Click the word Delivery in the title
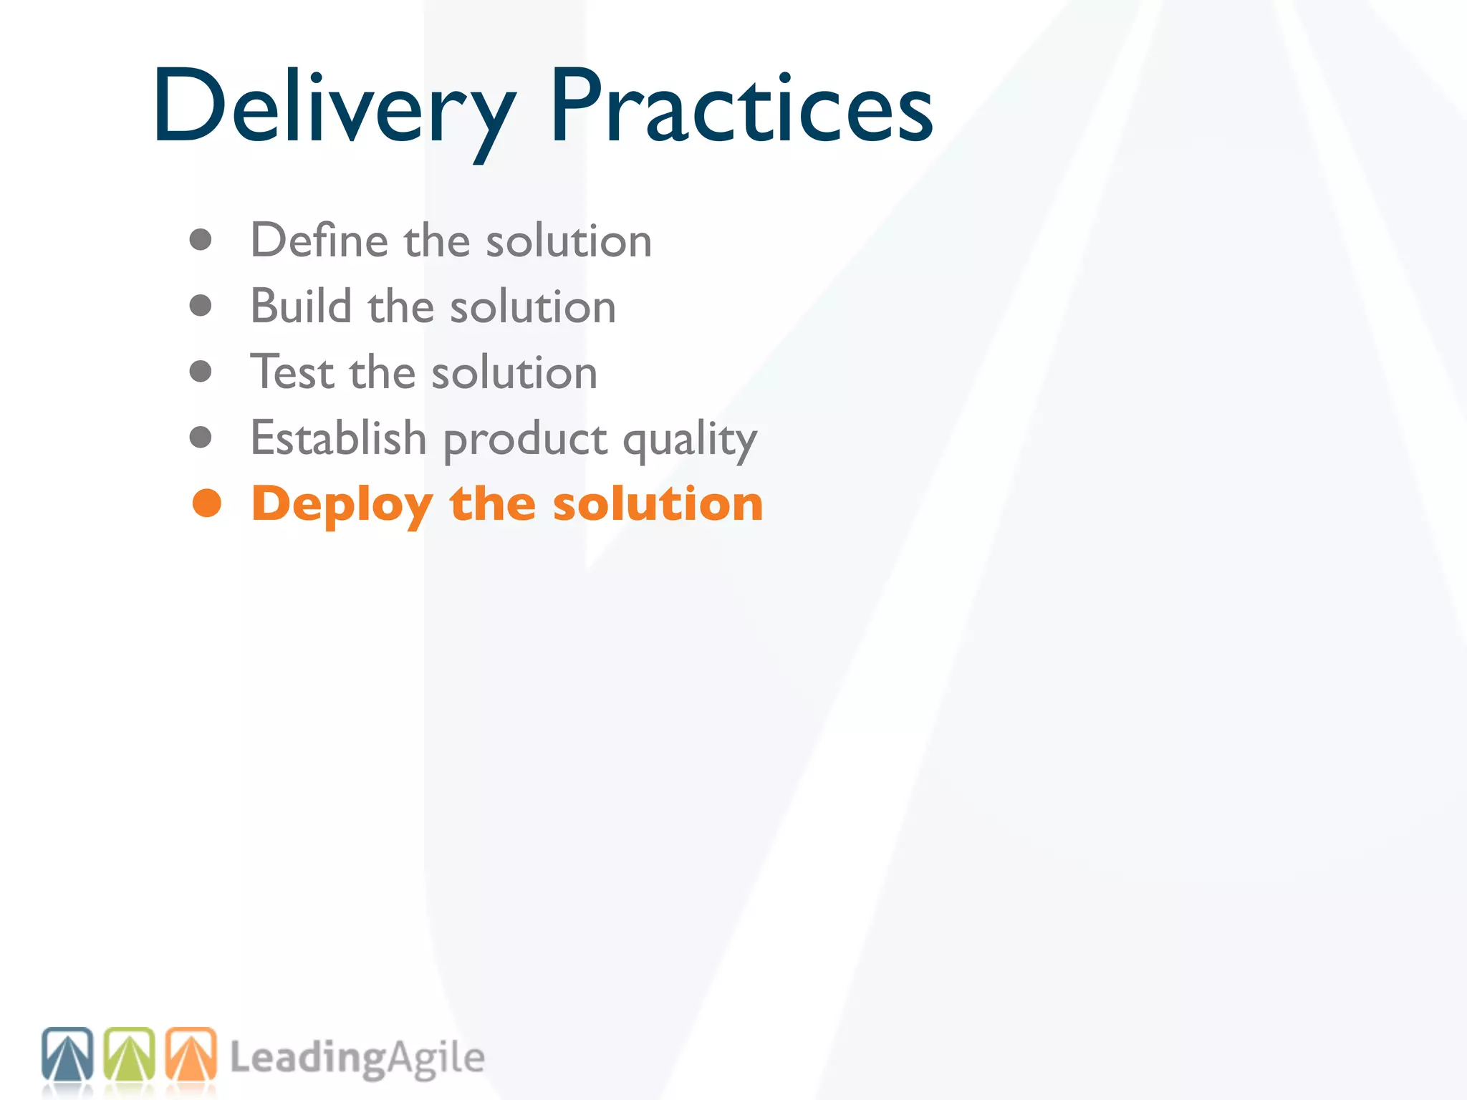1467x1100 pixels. pos(333,107)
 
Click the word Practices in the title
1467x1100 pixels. pos(741,107)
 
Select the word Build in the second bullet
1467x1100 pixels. pos(302,306)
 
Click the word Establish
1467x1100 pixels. pos(338,438)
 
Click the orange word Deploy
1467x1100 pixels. pos(342,505)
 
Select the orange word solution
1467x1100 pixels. pos(658,503)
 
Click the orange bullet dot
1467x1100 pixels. pos(207,503)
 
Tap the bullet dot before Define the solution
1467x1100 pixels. pos(201,240)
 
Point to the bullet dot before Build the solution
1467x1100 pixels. pos(201,306)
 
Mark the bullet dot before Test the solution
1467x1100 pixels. pos(201,372)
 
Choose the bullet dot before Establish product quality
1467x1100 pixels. pos(201,438)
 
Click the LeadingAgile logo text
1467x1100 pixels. pos(357,1058)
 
